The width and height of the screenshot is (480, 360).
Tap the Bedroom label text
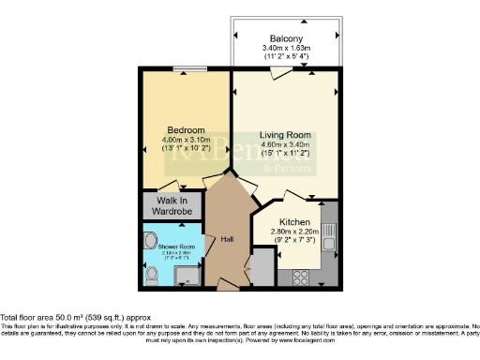181,130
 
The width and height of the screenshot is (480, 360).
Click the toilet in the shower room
153,275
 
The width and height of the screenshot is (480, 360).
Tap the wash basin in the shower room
152,239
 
